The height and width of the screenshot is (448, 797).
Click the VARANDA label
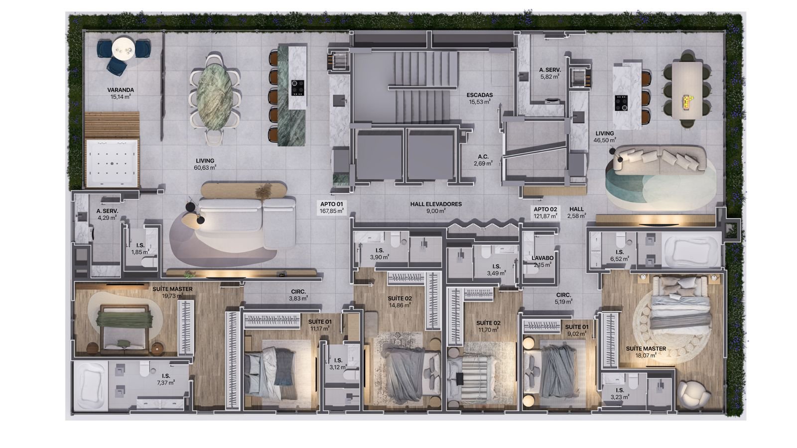[121, 90]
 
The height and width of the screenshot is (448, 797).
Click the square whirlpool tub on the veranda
[112, 163]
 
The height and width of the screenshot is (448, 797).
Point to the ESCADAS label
[480, 95]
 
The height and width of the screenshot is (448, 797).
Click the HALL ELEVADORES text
[436, 204]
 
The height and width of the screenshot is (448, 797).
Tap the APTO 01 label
[331, 204]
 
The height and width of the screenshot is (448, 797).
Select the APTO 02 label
[545, 210]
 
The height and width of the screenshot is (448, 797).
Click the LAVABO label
[542, 258]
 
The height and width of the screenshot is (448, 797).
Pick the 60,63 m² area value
[205, 167]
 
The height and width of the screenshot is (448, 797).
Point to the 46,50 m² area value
[605, 140]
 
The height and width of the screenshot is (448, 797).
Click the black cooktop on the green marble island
[297, 88]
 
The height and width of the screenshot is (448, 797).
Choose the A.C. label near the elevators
[483, 156]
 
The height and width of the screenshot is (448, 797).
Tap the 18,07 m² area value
[646, 355]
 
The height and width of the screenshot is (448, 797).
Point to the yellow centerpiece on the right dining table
[685, 101]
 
